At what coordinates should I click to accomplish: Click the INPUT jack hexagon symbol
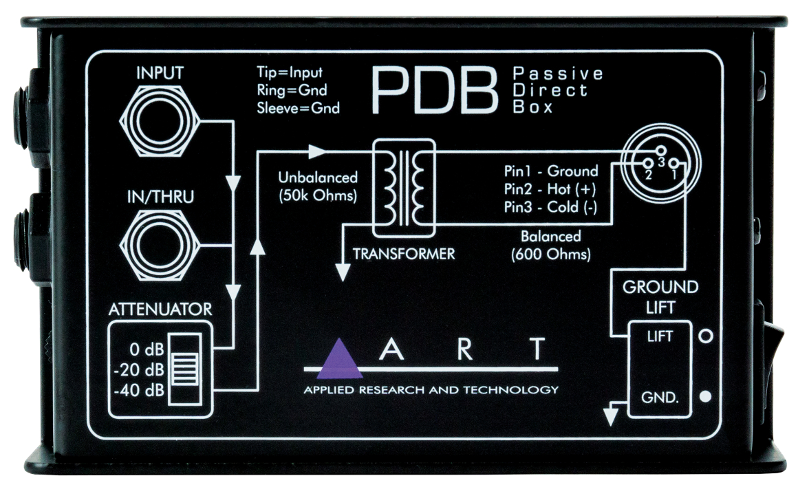coord(160,122)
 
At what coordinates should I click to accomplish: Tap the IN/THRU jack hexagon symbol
coord(160,243)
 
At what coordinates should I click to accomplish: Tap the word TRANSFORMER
coord(404,254)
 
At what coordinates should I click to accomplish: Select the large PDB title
coord(434,90)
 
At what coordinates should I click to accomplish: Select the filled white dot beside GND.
coord(704,398)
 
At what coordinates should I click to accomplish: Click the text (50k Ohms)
coord(317,195)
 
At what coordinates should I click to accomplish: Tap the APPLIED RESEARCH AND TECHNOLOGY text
coord(431,390)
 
